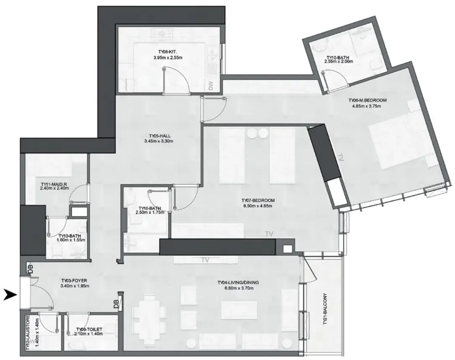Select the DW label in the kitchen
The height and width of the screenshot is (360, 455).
[211, 86]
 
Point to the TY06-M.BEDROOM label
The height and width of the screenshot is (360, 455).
[367, 100]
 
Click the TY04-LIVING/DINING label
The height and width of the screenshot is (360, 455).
[238, 283]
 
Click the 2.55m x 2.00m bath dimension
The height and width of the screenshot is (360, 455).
[338, 62]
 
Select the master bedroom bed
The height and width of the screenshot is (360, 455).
[398, 143]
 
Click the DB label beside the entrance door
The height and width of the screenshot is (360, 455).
[30, 269]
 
